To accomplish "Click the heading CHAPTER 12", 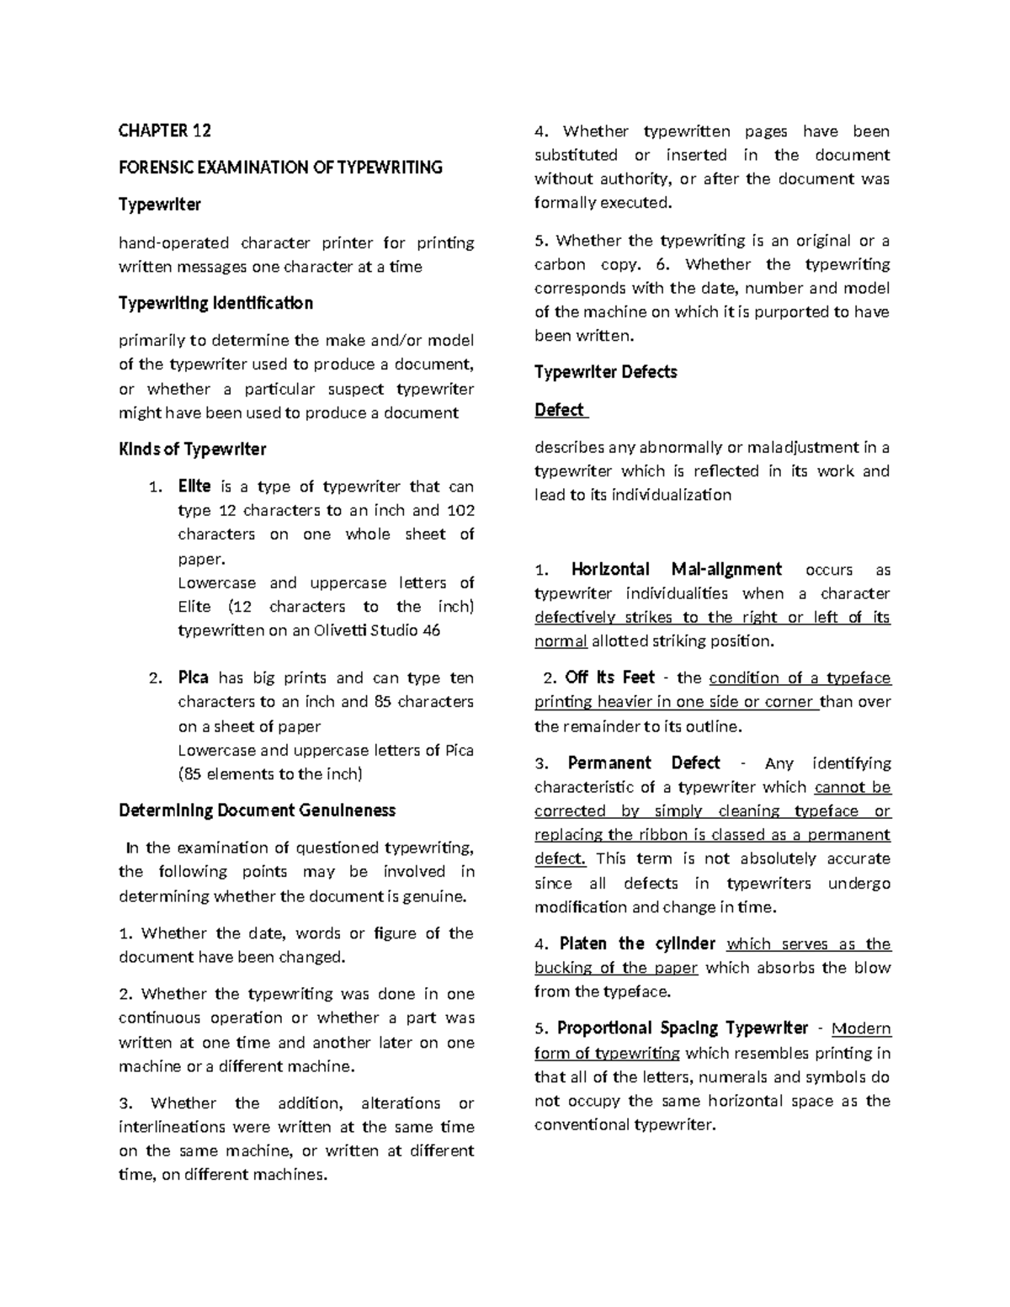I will pos(164,130).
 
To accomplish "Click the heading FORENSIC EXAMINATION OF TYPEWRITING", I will pos(280,167).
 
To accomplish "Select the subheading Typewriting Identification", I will pos(215,303).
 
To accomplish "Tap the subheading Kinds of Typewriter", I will pos(192,449).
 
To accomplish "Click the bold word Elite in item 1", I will pos(194,486).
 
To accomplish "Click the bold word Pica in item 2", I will pos(193,677).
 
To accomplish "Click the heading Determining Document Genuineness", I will pos(257,810).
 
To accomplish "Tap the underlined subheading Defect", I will pos(560,410).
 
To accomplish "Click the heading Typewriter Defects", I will pos(605,372).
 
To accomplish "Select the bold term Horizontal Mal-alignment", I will pos(676,569).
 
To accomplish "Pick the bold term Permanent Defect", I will pos(644,763).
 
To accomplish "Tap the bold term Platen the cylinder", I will pos(637,943).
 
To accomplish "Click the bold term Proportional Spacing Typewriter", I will pos(683,1028).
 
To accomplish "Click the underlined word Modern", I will pos(861,1028).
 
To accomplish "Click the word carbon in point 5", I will pos(560,264).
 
